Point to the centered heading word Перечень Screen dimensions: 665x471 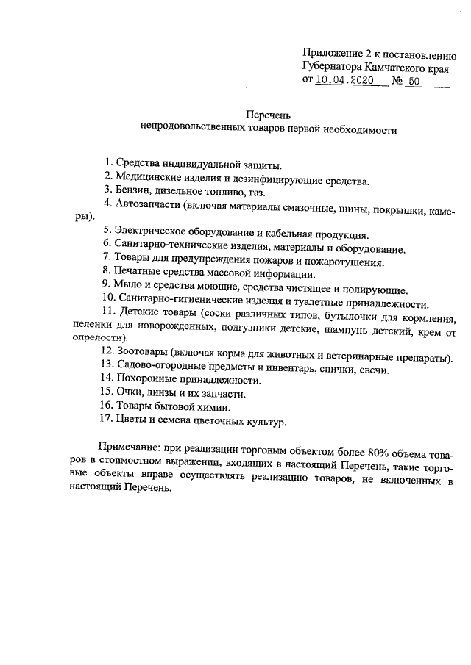tap(269, 115)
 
